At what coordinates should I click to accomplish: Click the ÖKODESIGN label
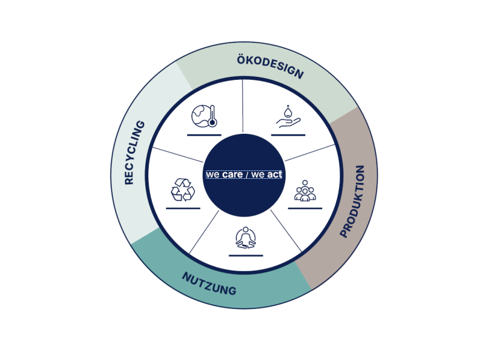click(270, 67)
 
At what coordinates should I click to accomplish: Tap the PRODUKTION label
click(353, 202)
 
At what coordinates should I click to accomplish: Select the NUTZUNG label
click(209, 284)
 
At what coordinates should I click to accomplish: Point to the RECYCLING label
click(134, 152)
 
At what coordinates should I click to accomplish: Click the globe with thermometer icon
click(204, 116)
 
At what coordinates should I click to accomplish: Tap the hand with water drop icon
click(288, 116)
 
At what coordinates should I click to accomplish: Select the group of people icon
click(305, 191)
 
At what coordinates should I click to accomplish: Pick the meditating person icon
click(245, 238)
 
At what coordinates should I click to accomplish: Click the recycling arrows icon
click(183, 190)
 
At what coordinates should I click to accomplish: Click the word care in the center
click(232, 175)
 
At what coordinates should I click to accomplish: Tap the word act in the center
click(274, 175)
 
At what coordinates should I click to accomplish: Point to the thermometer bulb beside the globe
click(212, 122)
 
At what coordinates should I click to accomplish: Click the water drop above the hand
click(287, 111)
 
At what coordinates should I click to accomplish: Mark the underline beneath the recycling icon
click(183, 208)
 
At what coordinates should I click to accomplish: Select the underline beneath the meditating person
click(246, 256)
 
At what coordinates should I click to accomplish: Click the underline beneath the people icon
click(305, 208)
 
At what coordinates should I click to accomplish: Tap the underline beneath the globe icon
click(204, 135)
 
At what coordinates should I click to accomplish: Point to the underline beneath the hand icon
click(288, 135)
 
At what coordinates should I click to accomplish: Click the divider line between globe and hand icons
click(243, 106)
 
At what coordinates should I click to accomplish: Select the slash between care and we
click(247, 175)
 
